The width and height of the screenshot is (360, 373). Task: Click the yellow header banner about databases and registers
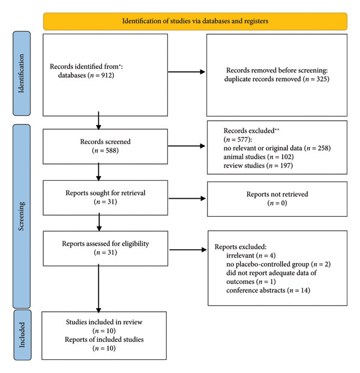point(195,22)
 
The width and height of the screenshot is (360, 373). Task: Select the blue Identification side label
point(22,73)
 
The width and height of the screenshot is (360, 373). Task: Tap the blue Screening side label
point(22,216)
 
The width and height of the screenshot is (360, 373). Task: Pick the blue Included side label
point(22,335)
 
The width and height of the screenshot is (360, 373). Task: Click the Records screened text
point(105,142)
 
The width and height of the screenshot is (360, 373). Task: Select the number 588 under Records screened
point(110,150)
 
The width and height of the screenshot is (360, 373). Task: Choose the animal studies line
point(259,157)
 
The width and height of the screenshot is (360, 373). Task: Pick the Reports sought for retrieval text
point(105,193)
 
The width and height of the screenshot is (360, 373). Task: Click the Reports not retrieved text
point(277,194)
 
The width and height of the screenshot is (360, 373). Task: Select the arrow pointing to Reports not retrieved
point(187,198)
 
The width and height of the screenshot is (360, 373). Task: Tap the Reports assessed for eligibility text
point(106,244)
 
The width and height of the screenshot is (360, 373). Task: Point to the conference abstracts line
point(268,290)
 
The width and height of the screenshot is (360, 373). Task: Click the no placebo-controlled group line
point(278,264)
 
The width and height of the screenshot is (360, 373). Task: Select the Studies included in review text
point(104,322)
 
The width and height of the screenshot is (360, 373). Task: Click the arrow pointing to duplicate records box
point(186,72)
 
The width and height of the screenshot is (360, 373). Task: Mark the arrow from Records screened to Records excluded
point(186,146)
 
